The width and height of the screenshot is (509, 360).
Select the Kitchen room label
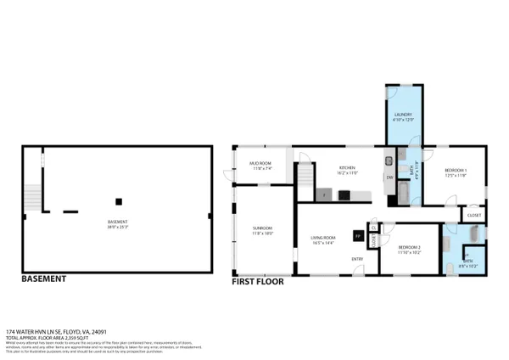(x=347, y=168)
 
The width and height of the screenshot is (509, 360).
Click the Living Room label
(x=322, y=238)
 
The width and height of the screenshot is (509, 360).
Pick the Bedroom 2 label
(x=410, y=248)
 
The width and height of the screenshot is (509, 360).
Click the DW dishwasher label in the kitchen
(x=389, y=177)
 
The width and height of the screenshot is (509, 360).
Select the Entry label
(x=358, y=259)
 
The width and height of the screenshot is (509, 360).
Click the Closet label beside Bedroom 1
(x=473, y=215)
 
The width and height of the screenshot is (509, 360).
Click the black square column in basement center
(x=119, y=201)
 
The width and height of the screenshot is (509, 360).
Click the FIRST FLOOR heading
(x=259, y=279)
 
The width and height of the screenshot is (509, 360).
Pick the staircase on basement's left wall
(x=33, y=197)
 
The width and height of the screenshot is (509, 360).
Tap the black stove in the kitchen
(x=344, y=194)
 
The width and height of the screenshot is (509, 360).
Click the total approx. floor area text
(x=48, y=338)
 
